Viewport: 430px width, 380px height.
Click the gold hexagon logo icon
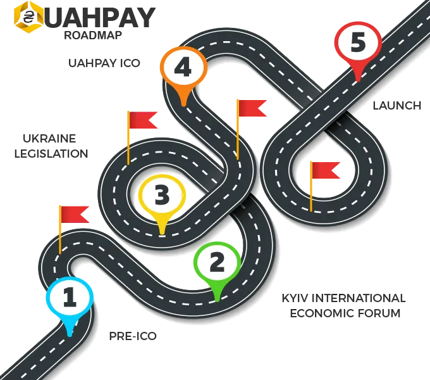[28, 17]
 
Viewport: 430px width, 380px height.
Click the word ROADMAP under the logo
[93, 35]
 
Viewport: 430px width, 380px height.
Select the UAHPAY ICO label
[104, 63]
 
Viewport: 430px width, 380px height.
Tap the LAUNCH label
[397, 106]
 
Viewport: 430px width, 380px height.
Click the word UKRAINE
[49, 138]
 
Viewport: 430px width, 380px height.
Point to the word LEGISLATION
[51, 154]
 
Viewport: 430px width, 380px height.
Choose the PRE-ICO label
[133, 336]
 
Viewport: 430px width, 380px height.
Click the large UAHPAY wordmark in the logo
[99, 17]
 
